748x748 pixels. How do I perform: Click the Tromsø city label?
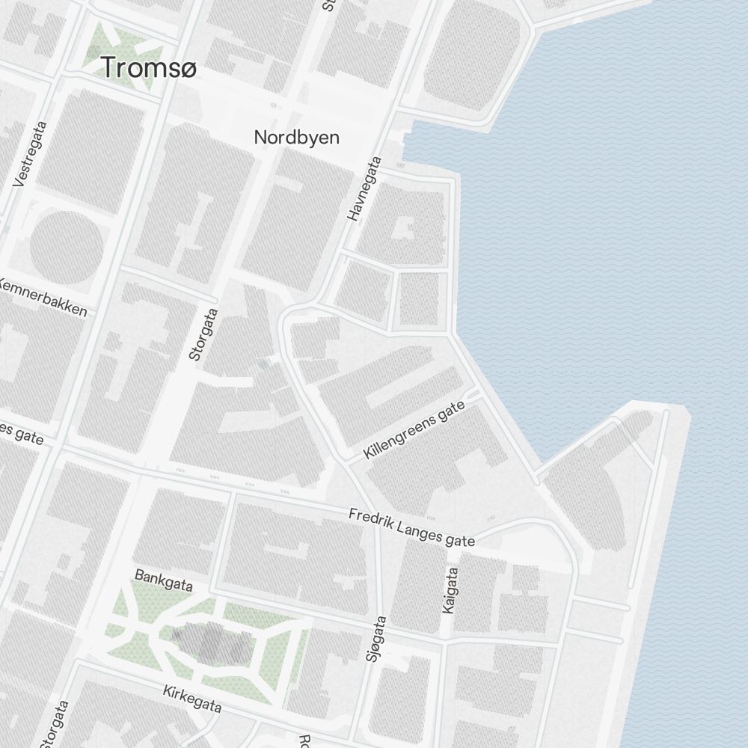(x=149, y=68)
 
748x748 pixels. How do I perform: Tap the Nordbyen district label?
(x=296, y=138)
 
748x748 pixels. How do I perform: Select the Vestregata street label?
(x=31, y=154)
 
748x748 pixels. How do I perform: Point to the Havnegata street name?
(x=364, y=188)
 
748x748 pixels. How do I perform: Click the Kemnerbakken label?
(x=43, y=298)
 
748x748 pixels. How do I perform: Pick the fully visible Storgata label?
(x=203, y=334)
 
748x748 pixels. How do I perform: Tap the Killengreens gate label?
(x=414, y=431)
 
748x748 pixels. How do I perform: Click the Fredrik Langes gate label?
(x=411, y=528)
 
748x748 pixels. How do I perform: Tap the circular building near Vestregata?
(x=65, y=246)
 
